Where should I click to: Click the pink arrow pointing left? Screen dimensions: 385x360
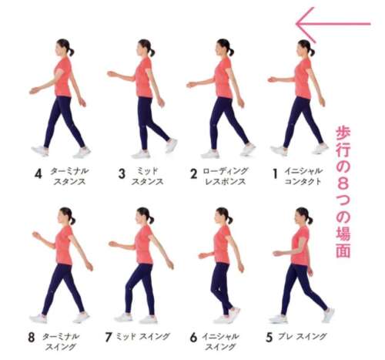click(x=333, y=24)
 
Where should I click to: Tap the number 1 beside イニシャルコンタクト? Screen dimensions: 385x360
click(x=275, y=173)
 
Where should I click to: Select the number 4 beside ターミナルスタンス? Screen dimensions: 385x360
click(x=38, y=173)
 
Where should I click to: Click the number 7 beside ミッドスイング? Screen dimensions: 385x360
click(x=109, y=337)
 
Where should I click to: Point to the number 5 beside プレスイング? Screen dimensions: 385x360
click(x=269, y=338)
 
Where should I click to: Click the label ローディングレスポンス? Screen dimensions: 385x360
click(x=226, y=177)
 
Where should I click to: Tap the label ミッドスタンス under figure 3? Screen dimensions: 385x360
click(x=147, y=177)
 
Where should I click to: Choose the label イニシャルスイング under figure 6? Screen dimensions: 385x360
click(x=220, y=341)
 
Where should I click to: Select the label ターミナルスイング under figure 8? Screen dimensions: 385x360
click(x=61, y=341)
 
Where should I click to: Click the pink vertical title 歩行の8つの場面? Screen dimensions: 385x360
click(x=343, y=191)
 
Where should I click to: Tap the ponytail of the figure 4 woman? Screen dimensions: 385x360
click(x=71, y=52)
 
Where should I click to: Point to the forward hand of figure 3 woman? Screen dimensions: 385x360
click(x=112, y=74)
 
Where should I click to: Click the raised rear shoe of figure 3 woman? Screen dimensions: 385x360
click(x=171, y=145)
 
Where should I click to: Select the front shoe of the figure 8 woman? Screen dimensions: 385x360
click(x=38, y=318)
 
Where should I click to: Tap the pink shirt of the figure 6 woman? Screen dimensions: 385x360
click(x=223, y=244)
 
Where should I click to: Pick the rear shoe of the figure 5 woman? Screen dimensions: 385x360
click(x=328, y=315)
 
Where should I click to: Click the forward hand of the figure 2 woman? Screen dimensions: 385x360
click(x=191, y=85)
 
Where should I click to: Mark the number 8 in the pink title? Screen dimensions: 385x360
click(x=343, y=184)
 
